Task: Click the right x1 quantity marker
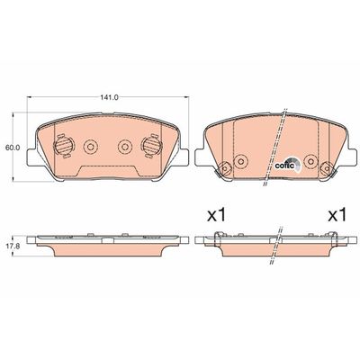(x=336, y=216)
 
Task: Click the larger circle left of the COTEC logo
(x=239, y=162)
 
